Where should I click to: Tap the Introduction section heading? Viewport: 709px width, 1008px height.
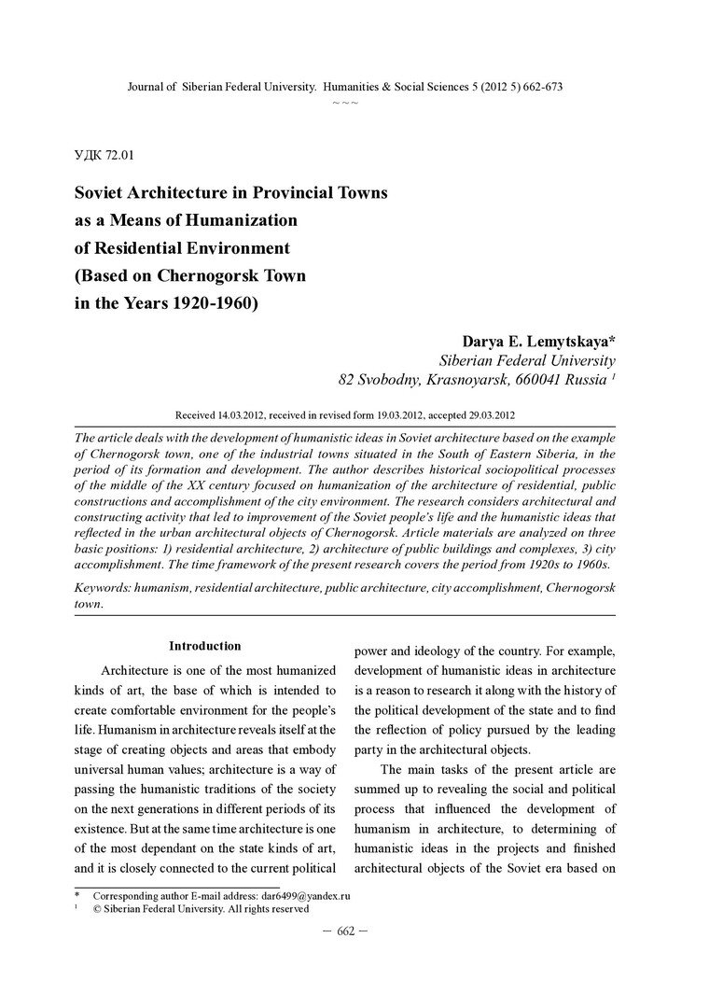coord(204,646)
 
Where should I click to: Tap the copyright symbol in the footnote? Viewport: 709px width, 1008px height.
coord(96,908)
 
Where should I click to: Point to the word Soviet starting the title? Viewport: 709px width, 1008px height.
coord(104,193)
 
